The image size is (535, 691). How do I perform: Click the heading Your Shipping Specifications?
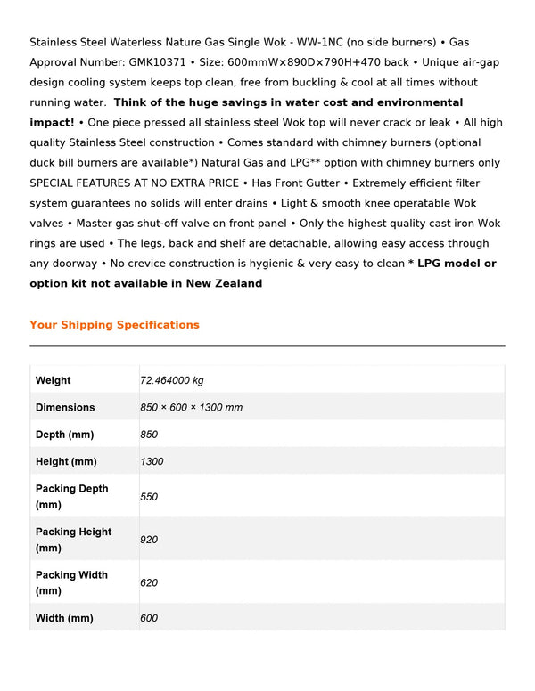point(114,325)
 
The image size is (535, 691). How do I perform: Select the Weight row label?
point(53,380)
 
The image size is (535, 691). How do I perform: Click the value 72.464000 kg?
point(171,380)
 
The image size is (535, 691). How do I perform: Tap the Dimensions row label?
point(64,407)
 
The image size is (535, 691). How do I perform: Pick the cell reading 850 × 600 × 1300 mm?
point(191,407)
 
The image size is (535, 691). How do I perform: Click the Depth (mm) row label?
point(64,435)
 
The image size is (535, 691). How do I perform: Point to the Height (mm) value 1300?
point(152,461)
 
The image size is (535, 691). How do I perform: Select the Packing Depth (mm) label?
point(71,496)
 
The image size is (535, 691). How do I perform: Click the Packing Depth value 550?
point(149,496)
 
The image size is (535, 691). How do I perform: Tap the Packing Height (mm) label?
point(73,540)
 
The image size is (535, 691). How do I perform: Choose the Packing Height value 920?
point(149,540)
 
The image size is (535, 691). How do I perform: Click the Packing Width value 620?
point(149,582)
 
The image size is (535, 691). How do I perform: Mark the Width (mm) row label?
point(64,618)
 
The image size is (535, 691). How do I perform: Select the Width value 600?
point(149,618)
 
